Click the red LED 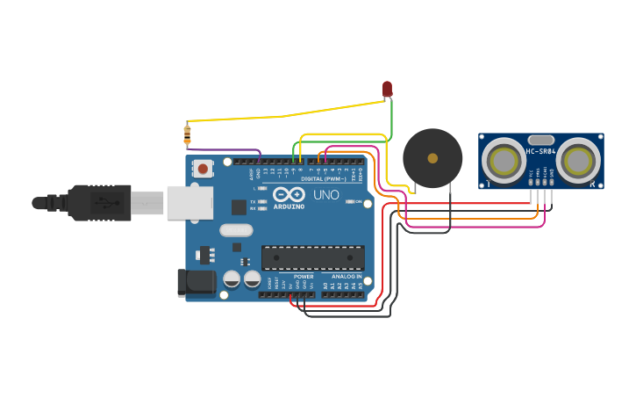[387, 89]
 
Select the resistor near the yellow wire [187, 134]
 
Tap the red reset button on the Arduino [204, 168]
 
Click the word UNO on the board [325, 195]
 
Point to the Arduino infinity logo [288, 194]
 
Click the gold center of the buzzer [432, 158]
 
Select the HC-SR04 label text [541, 151]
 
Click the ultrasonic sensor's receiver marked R [578, 161]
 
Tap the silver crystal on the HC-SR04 [541, 139]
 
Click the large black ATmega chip [312, 257]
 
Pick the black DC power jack [196, 281]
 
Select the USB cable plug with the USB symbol [100, 203]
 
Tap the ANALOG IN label [347, 276]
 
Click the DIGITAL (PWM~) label [325, 178]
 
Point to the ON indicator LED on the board [350, 202]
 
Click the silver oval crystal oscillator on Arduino [235, 230]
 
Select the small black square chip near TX [239, 207]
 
